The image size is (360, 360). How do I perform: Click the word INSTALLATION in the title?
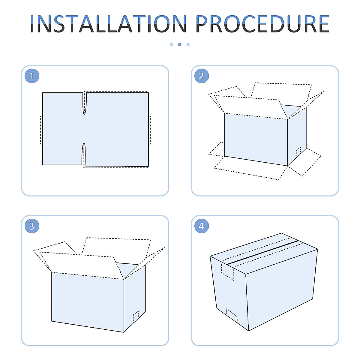click(x=108, y=24)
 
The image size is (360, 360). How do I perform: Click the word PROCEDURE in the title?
click(x=262, y=24)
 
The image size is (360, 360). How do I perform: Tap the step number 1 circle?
click(x=32, y=76)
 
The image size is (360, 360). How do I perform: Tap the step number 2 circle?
click(x=201, y=76)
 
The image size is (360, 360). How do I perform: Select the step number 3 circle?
click(x=32, y=226)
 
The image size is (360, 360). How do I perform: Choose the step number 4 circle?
click(x=201, y=226)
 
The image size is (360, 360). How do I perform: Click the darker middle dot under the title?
click(x=180, y=45)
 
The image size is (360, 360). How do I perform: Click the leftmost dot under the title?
click(x=171, y=45)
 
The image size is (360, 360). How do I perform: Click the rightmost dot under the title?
click(x=188, y=45)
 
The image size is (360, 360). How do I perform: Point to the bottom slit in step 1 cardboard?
click(x=84, y=154)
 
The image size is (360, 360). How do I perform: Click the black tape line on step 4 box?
click(x=263, y=252)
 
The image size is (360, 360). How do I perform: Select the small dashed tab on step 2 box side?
click(x=298, y=152)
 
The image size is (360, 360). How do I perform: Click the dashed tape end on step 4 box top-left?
click(x=228, y=271)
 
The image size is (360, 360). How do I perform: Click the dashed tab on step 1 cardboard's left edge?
click(x=41, y=130)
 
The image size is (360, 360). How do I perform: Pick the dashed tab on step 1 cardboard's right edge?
click(x=150, y=130)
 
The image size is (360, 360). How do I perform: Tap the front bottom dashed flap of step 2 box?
click(x=250, y=168)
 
